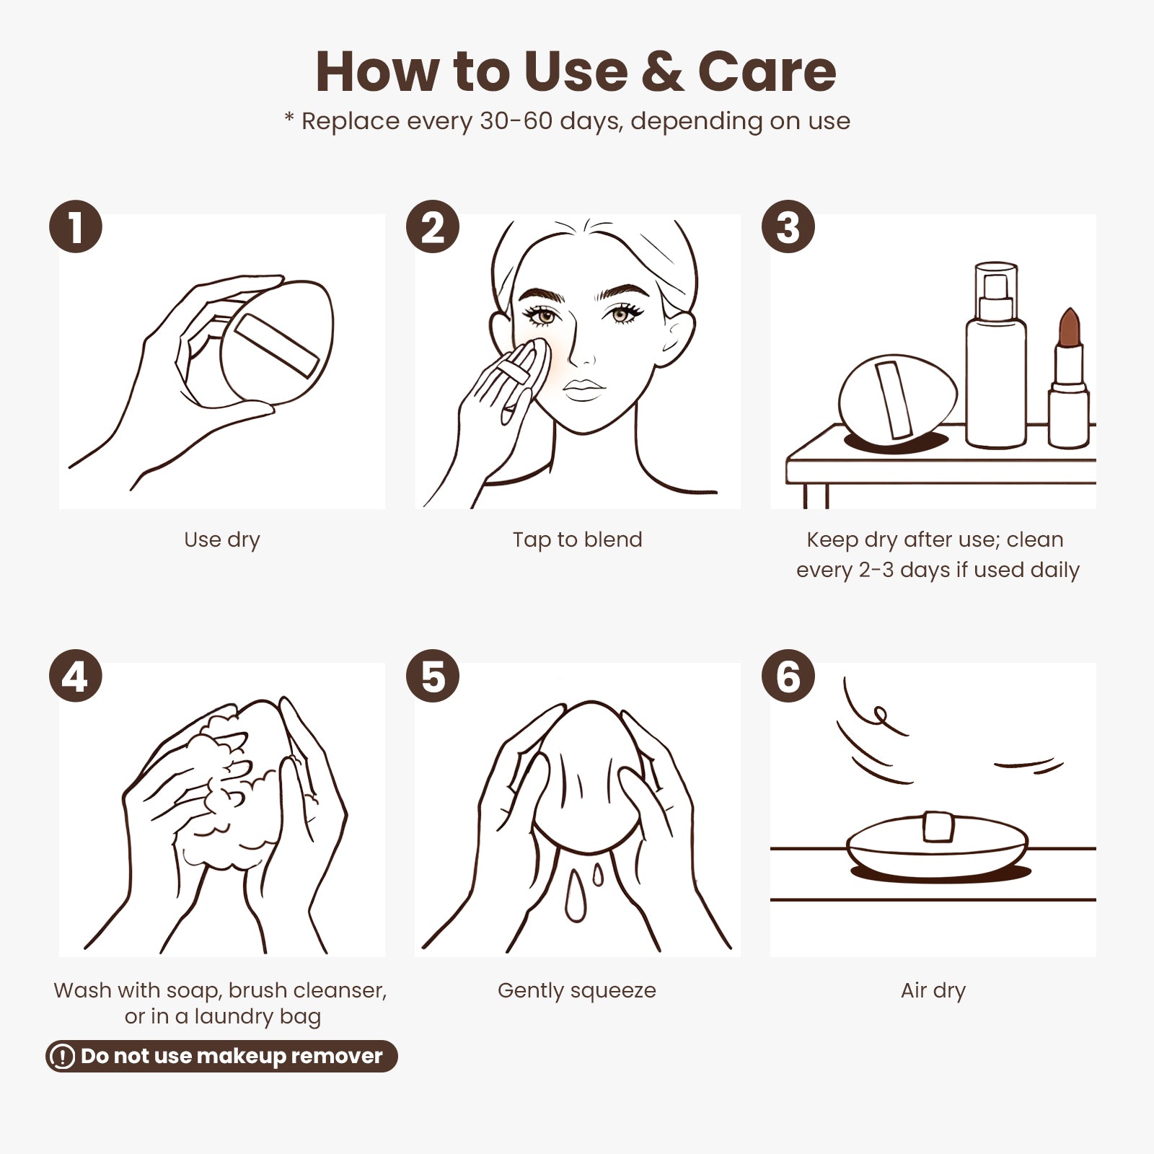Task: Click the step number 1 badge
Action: [76, 226]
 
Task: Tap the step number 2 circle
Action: [433, 226]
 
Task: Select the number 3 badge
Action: [788, 226]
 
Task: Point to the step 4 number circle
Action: [76, 676]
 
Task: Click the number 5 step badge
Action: [433, 676]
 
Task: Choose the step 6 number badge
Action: [788, 676]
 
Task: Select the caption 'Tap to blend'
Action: [577, 539]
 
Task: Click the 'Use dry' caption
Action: [222, 540]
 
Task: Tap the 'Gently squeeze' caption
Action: [577, 991]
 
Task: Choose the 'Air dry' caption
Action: [933, 991]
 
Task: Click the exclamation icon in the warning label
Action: [63, 1057]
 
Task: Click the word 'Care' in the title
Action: [767, 71]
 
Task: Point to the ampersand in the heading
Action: [662, 71]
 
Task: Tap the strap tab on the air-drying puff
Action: [939, 827]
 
